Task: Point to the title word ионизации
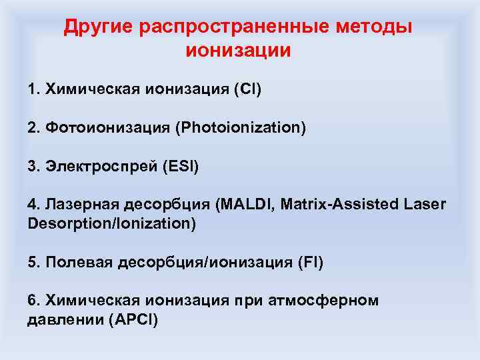[239, 51]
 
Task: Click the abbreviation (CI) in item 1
[247, 89]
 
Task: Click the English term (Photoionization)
[241, 127]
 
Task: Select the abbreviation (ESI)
[180, 166]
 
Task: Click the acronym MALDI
[246, 204]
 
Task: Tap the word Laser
[425, 204]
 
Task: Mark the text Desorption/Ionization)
[112, 223]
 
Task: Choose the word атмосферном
[333, 301]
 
